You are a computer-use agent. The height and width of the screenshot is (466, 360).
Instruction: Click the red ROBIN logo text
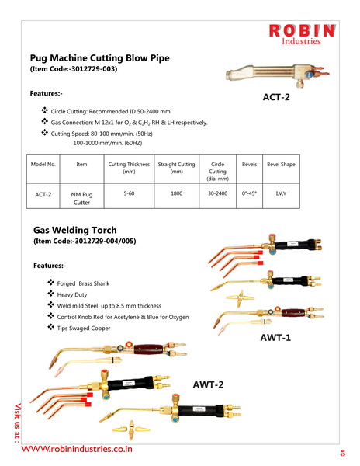tap(302, 30)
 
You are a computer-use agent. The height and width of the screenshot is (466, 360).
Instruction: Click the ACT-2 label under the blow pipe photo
tap(276, 97)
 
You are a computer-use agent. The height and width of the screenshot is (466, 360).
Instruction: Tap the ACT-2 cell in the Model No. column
tap(43, 195)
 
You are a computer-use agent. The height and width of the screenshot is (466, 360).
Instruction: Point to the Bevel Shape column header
tap(281, 165)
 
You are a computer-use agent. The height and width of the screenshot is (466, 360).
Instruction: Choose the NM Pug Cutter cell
tap(81, 199)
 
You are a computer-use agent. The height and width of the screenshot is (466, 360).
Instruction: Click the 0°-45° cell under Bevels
tap(249, 193)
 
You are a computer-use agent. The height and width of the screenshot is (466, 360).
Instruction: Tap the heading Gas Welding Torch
tap(75, 231)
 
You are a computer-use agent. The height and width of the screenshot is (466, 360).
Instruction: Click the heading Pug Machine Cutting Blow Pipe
tap(100, 58)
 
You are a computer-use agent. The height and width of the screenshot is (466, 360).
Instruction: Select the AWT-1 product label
tap(275, 338)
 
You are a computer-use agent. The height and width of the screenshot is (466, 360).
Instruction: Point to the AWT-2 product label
tap(208, 384)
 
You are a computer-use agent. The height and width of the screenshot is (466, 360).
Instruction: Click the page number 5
tap(343, 454)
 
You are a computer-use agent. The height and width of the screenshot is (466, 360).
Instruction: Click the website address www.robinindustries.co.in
tap(77, 449)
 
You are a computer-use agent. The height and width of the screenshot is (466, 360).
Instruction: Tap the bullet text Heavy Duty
tap(72, 295)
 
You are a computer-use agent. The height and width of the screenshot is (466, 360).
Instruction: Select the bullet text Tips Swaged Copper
tap(84, 328)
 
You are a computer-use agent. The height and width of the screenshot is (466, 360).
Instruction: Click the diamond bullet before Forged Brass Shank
tap(50, 282)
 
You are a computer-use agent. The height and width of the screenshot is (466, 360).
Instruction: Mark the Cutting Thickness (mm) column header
tap(129, 168)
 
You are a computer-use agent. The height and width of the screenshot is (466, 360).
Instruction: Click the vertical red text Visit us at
tap(18, 423)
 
